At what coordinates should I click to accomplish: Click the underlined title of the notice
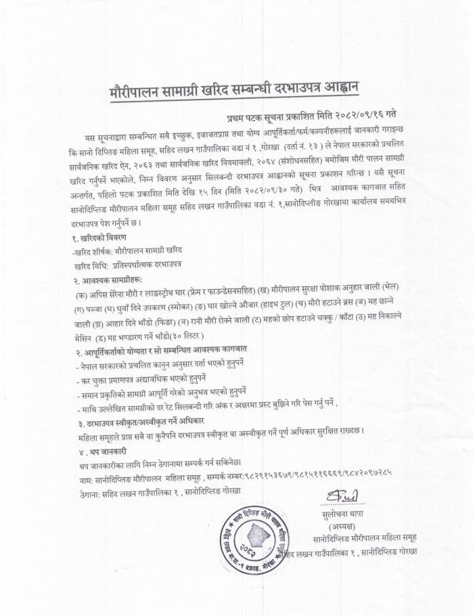pyautogui.click(x=235, y=89)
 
